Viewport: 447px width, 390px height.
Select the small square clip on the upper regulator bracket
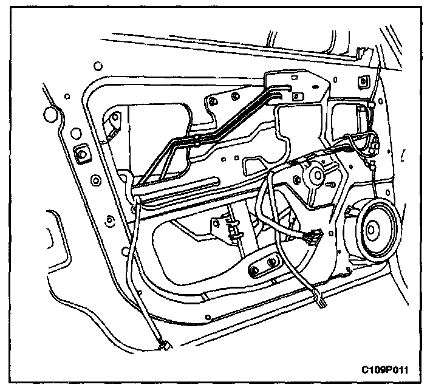pos(298,95)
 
